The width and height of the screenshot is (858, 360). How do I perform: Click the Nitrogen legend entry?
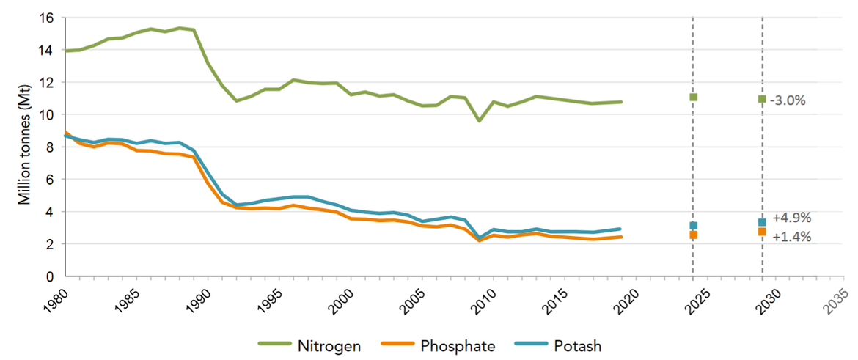click(327, 345)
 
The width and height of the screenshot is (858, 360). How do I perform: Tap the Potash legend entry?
click(576, 345)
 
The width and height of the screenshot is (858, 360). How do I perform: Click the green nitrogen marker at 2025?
click(693, 97)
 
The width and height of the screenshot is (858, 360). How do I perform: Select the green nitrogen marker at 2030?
click(762, 98)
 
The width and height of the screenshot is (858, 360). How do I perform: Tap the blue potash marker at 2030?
click(762, 222)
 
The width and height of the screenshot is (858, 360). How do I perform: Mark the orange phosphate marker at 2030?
click(762, 232)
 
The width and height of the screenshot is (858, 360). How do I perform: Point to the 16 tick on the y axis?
click(48, 18)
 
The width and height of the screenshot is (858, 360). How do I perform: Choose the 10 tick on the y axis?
click(48, 115)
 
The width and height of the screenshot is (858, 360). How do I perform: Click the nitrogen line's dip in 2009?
click(479, 120)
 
